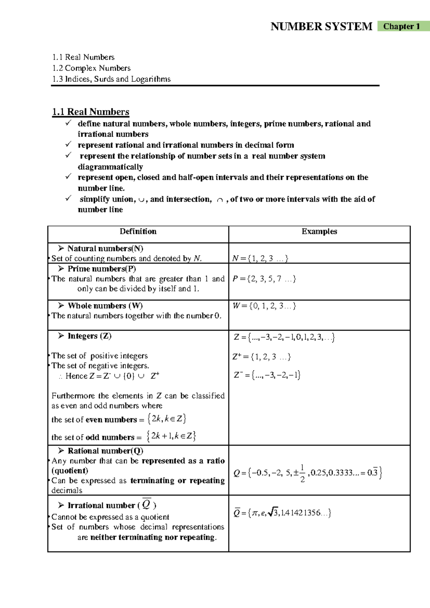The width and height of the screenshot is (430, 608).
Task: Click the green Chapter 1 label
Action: [x=403, y=26]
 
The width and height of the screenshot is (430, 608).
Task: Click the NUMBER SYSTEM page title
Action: [x=321, y=27]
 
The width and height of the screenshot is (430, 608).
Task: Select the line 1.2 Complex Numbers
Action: [x=91, y=68]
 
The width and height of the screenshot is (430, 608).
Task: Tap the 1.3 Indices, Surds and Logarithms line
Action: [x=111, y=79]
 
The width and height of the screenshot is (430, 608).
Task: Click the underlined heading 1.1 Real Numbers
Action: [x=91, y=112]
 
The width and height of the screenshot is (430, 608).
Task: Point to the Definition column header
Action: [x=138, y=232]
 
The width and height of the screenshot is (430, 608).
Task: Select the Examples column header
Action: [x=319, y=232]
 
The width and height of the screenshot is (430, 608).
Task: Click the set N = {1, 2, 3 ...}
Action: [x=260, y=258]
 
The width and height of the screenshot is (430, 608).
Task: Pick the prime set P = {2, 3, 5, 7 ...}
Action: [x=264, y=279]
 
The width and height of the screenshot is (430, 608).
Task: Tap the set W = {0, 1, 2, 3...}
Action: [x=264, y=306]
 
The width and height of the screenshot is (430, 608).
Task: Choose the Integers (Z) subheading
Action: [x=89, y=336]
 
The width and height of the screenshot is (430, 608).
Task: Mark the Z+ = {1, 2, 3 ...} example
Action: [x=262, y=357]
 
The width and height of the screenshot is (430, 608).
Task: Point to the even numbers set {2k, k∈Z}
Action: [x=167, y=419]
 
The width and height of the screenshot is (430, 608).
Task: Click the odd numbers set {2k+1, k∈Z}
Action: [x=171, y=436]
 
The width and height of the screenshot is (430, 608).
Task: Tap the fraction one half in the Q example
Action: [x=302, y=473]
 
